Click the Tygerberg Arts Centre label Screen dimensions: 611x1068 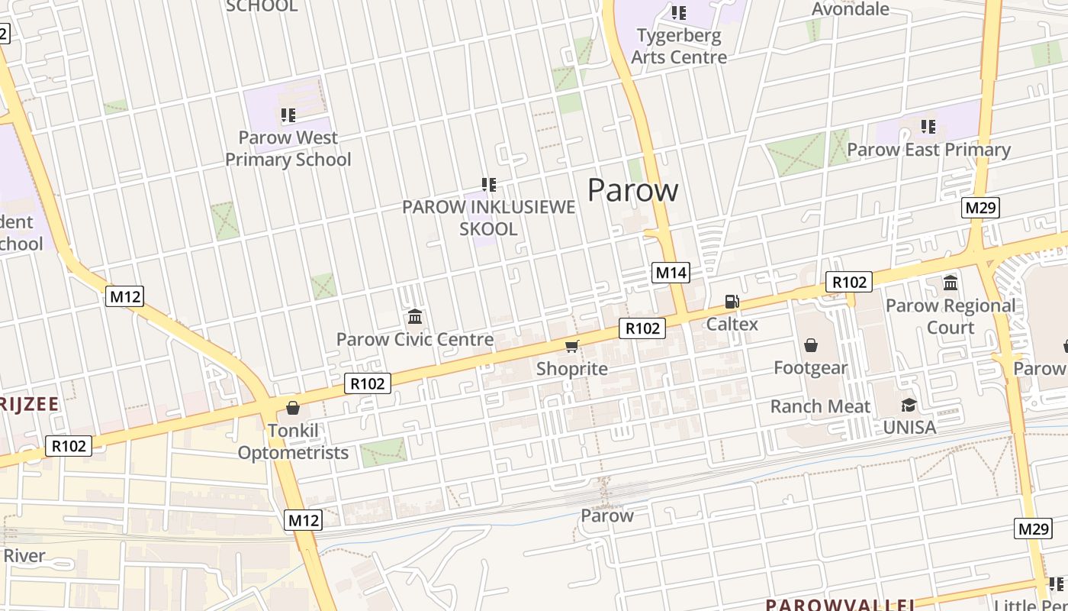point(678,46)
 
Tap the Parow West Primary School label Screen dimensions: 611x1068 point(288,149)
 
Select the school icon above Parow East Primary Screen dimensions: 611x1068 point(928,126)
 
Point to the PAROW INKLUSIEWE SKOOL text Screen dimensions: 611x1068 point(488,218)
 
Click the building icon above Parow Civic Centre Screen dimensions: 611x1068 point(415,316)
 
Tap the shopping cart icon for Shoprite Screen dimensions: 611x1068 point(571,347)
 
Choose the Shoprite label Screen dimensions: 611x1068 point(571,369)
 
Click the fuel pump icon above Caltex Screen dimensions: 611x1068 point(732,302)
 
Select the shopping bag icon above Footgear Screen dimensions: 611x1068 point(810,346)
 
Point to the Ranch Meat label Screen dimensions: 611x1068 point(820,406)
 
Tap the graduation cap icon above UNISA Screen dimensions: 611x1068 point(909,405)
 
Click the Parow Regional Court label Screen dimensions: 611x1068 point(950,316)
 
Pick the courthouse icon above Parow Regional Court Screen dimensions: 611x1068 point(951,283)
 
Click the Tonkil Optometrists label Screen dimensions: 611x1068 point(293,441)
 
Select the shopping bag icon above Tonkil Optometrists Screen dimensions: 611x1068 point(292,408)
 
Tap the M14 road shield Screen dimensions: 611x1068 point(671,273)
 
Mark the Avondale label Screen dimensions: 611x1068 point(850,9)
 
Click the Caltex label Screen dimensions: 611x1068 point(732,324)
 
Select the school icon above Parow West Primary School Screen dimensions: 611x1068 point(288,115)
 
